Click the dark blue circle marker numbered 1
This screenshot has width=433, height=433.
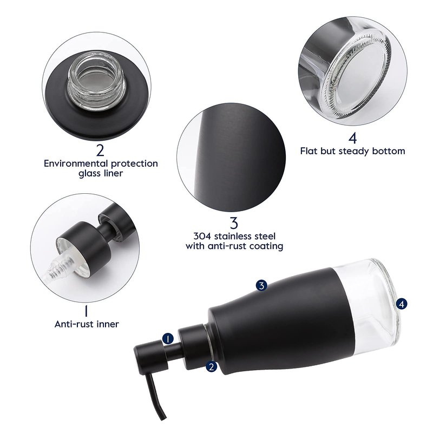tap(168, 339)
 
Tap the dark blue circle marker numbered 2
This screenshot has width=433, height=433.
tap(212, 367)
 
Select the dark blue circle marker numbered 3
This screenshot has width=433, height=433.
tap(261, 285)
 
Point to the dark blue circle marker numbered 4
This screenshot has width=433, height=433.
tap(402, 304)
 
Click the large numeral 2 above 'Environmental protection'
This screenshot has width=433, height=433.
tap(100, 150)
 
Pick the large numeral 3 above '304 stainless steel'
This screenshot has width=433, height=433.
tap(234, 223)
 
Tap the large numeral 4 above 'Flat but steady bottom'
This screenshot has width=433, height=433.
tap(353, 138)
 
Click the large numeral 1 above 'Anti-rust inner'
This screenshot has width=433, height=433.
tap(86, 311)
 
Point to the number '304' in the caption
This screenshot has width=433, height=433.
tap(202, 236)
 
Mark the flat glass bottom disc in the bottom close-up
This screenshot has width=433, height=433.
tap(359, 75)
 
